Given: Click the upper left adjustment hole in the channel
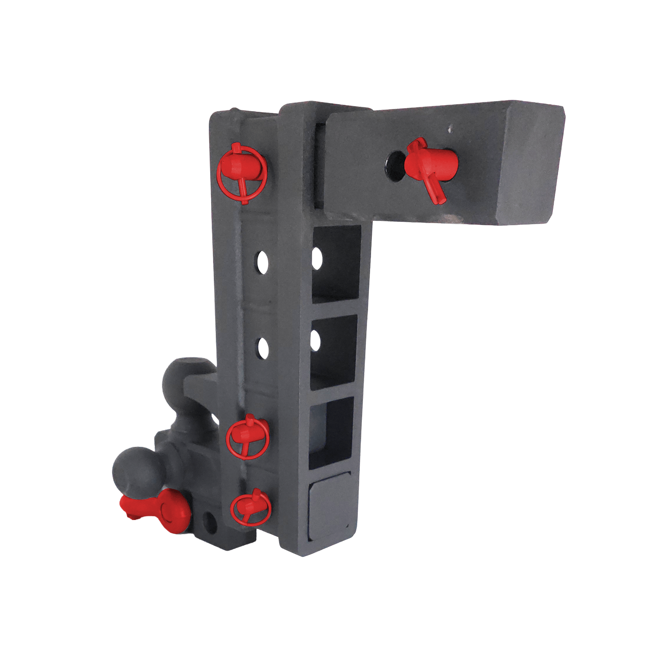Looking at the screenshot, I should coord(263,262).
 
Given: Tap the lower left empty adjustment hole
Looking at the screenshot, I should coord(263,349).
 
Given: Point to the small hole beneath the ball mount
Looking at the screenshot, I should coord(210,522).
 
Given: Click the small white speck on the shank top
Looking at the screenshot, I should coord(450,129).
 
